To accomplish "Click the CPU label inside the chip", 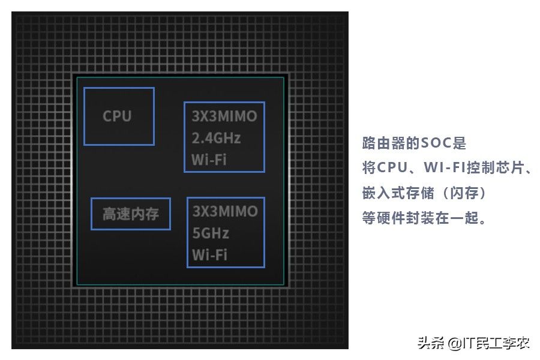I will (117, 116).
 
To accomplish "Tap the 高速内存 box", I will (131, 214).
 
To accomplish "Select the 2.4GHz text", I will (216, 138).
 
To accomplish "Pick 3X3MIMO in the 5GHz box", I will (225, 211).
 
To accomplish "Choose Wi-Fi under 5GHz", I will (209, 254).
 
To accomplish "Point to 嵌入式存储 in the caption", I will (398, 193).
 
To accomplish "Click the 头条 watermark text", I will (430, 344).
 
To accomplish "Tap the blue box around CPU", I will (119, 89).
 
